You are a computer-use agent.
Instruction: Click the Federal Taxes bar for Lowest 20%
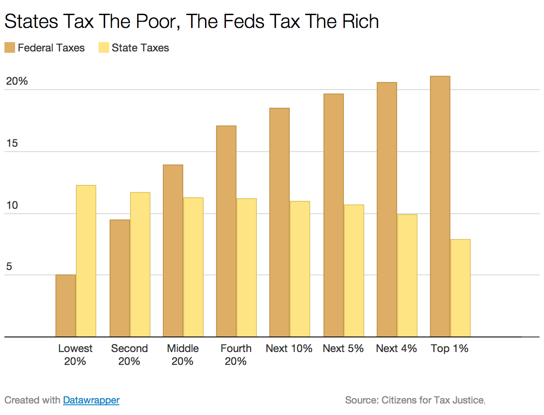pos(66,306)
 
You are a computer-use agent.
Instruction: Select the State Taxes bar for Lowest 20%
pos(86,261)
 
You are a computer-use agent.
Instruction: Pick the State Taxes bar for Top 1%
pos(461,288)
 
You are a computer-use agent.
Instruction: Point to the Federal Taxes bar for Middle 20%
pos(173,251)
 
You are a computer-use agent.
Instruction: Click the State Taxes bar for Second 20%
pos(140,265)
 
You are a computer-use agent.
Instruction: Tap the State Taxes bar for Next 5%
pos(354,271)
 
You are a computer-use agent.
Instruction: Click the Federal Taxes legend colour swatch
pos(10,48)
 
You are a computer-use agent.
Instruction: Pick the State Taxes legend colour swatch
pos(104,48)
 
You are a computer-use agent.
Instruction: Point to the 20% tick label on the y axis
pos(17,82)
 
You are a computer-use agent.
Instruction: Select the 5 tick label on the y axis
pos(9,267)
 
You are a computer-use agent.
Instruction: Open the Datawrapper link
pos(91,400)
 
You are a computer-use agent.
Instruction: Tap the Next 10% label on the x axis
pos(289,348)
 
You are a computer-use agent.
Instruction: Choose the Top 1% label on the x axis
pos(449,348)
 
